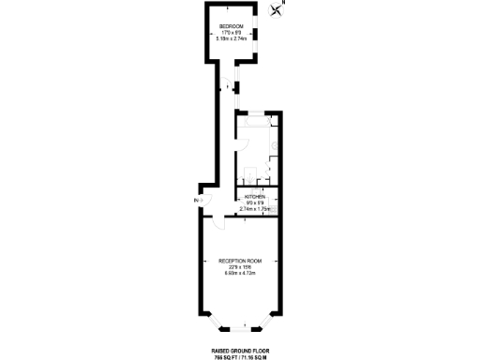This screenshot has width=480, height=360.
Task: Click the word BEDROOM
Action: [x=232, y=25]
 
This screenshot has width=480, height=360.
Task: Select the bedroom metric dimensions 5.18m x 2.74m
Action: [x=232, y=38]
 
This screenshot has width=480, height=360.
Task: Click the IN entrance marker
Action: [x=197, y=201]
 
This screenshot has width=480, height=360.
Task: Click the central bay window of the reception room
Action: [x=245, y=326]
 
